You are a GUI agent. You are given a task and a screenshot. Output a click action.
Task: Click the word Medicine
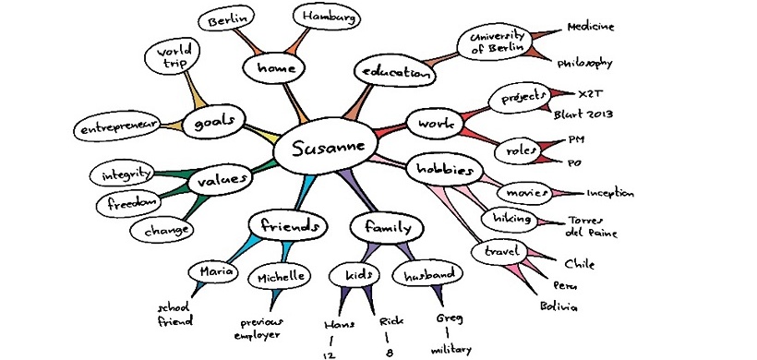point(591,26)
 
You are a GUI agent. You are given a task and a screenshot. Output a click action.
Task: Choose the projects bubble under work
point(519,97)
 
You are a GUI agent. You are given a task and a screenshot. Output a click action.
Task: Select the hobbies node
point(446,169)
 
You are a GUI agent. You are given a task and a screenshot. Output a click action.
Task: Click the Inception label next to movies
point(610,194)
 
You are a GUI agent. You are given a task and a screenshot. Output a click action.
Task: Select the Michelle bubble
point(276,278)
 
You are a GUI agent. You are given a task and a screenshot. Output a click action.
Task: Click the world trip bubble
point(173,58)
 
